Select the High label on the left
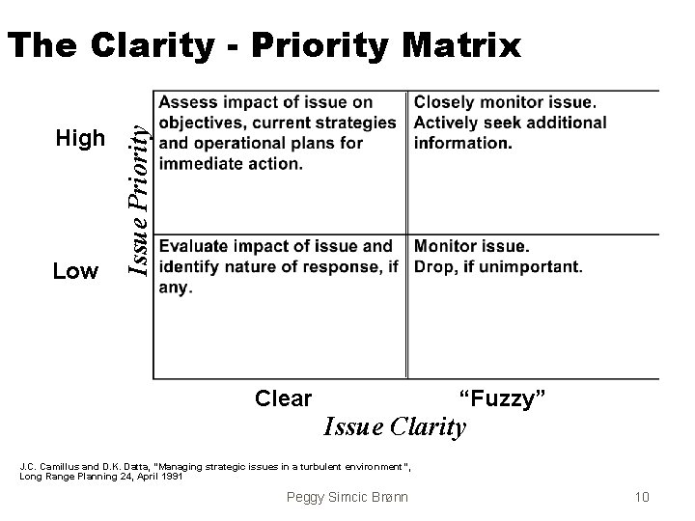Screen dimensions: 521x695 click(81, 139)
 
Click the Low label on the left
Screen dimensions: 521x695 click(75, 271)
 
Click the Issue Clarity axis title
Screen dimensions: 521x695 click(395, 425)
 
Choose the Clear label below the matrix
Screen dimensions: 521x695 click(283, 398)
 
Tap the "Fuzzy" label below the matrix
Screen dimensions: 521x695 click(503, 398)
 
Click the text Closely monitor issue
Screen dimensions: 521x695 click(505, 102)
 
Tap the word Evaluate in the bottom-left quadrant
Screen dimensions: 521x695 click(193, 246)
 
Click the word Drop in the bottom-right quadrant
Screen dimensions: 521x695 click(433, 266)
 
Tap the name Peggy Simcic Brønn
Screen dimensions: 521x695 click(347, 498)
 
